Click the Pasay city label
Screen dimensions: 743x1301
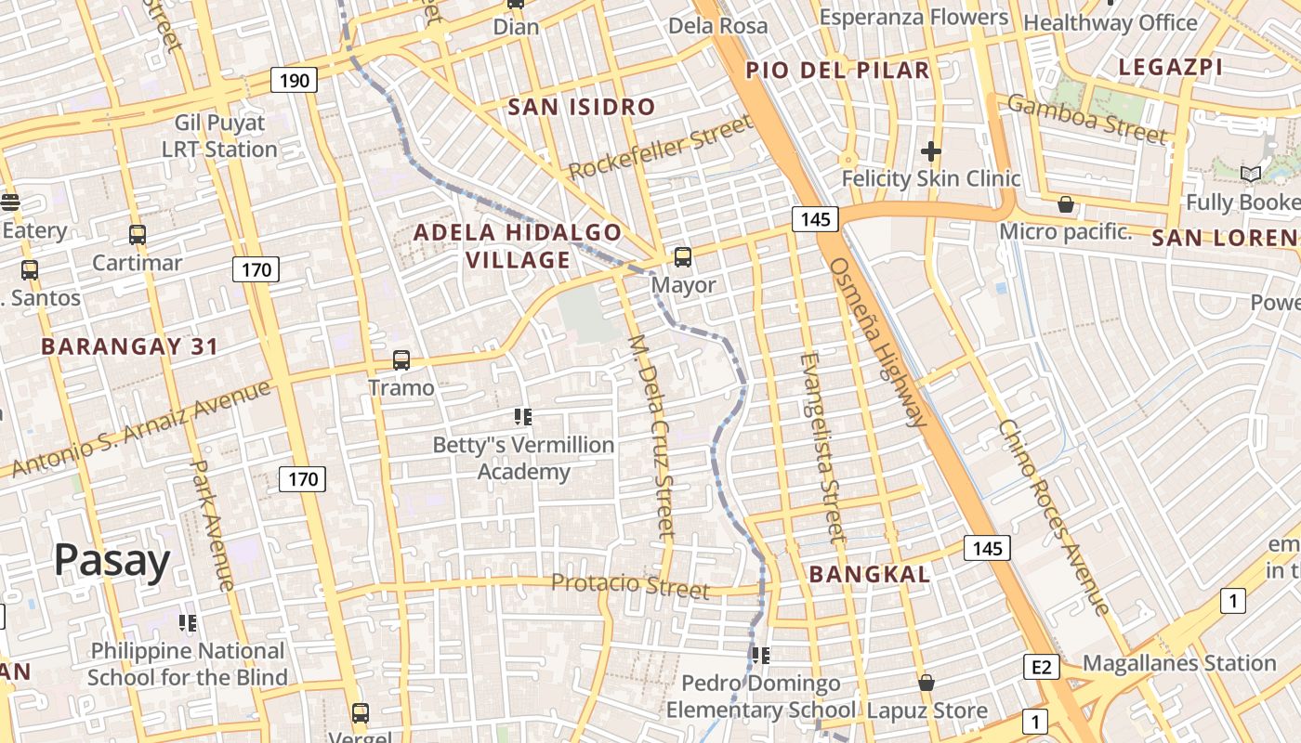tap(112, 560)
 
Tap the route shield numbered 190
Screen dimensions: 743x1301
tap(294, 81)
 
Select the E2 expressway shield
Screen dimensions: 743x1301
tap(1041, 666)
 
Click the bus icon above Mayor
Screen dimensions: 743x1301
tap(683, 257)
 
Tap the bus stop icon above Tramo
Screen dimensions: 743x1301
tap(401, 359)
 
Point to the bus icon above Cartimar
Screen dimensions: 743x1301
tap(138, 235)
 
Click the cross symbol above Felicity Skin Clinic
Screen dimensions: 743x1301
tap(931, 151)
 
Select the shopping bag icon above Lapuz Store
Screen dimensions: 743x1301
tap(926, 683)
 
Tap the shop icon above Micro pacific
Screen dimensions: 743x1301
tap(1066, 203)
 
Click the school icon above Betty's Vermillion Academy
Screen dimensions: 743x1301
tap(522, 417)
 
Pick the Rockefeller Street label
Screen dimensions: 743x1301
tap(660, 148)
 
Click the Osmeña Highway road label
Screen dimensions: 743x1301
tap(877, 341)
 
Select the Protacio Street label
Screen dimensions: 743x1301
tap(630, 585)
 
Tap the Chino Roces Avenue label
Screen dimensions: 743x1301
tap(1054, 516)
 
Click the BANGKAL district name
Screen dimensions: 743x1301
tap(869, 574)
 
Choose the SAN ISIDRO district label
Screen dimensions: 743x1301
tap(582, 107)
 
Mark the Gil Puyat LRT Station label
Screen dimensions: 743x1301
tap(219, 136)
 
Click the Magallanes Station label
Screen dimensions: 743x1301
tap(1179, 663)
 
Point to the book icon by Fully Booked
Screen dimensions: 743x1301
tap(1251, 174)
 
